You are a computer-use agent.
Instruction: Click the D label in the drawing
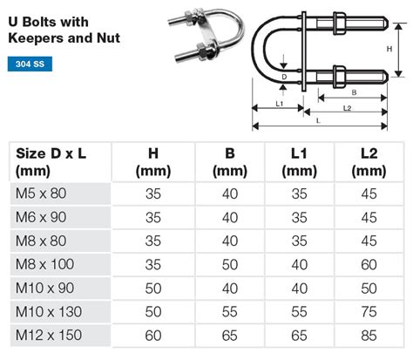[284, 77]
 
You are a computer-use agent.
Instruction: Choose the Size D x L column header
[51, 162]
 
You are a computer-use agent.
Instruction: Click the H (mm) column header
[153, 162]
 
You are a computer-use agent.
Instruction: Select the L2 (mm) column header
[368, 162]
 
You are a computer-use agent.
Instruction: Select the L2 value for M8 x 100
[368, 263]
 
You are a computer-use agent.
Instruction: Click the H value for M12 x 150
[153, 334]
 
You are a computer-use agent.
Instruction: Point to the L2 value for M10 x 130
[368, 310]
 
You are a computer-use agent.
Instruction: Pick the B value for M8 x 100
[230, 263]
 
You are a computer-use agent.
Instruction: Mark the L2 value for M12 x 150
[368, 334]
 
